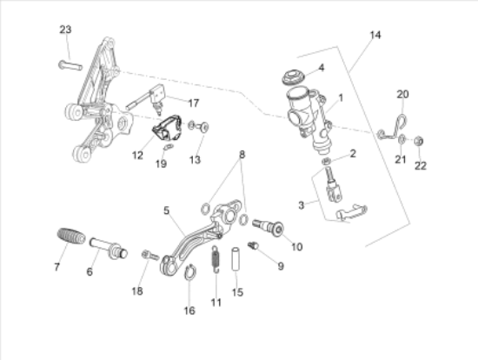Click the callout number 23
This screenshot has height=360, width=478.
point(65,30)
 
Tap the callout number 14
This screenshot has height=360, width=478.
point(375,35)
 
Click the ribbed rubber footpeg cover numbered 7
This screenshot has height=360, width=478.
point(71,237)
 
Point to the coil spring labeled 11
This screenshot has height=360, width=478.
point(216,259)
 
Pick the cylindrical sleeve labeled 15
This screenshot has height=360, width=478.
point(236,259)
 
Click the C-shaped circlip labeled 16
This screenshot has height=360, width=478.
point(190,272)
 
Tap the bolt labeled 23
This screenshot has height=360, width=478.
point(70,65)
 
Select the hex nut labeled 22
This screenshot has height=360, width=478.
point(419,141)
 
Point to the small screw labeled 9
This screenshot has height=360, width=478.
point(253,245)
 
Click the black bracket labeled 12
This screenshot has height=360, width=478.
point(168,128)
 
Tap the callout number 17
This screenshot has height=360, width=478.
point(193,103)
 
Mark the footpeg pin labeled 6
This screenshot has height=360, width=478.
point(109,248)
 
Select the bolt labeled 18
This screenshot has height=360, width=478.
point(150,255)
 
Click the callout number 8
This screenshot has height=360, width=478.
point(242,155)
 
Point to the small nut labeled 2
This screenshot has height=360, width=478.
point(327,161)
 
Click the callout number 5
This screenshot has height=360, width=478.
point(166,210)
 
